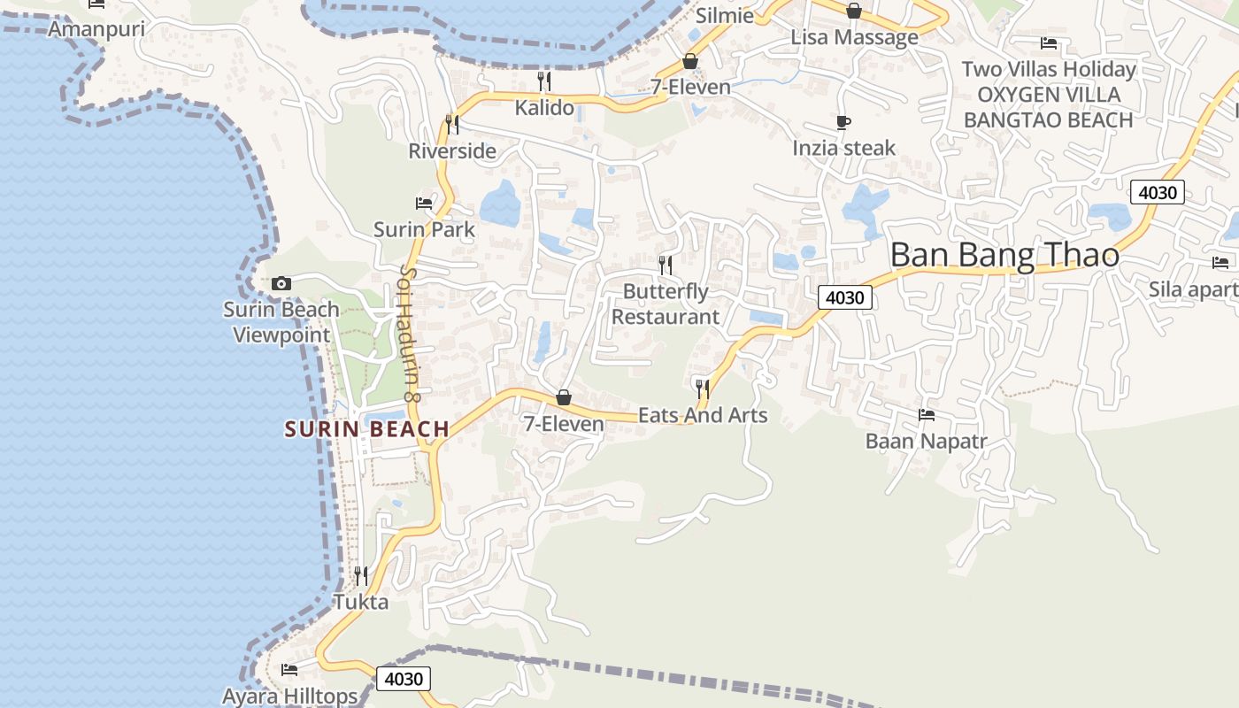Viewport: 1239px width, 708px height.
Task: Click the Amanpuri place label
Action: tap(96, 29)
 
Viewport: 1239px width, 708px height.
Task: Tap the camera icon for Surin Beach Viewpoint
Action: tap(281, 283)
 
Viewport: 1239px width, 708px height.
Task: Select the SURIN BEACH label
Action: tap(367, 429)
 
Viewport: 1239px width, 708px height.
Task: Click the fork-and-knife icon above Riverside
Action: tap(452, 124)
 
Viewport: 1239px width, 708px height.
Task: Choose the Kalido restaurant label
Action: tap(544, 108)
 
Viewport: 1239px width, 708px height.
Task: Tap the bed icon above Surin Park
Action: tap(424, 203)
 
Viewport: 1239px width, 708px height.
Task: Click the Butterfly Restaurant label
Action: tap(666, 304)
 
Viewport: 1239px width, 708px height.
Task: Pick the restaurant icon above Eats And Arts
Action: tap(703, 388)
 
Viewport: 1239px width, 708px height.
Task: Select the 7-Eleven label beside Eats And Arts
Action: tap(563, 424)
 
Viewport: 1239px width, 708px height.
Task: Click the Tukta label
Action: tap(360, 602)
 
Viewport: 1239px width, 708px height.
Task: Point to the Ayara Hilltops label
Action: tap(289, 696)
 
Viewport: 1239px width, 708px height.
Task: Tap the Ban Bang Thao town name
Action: tap(1004, 255)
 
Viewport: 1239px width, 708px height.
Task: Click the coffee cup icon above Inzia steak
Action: tap(843, 122)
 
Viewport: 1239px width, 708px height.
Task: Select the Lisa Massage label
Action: tap(854, 37)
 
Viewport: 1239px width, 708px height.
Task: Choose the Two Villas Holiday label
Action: tap(1049, 69)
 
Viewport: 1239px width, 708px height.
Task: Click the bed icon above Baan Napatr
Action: tap(927, 414)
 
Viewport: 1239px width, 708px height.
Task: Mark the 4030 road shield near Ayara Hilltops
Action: tap(404, 679)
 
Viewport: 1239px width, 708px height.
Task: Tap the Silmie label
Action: tap(725, 15)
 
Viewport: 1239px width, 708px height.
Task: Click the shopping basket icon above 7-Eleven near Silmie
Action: tap(689, 61)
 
